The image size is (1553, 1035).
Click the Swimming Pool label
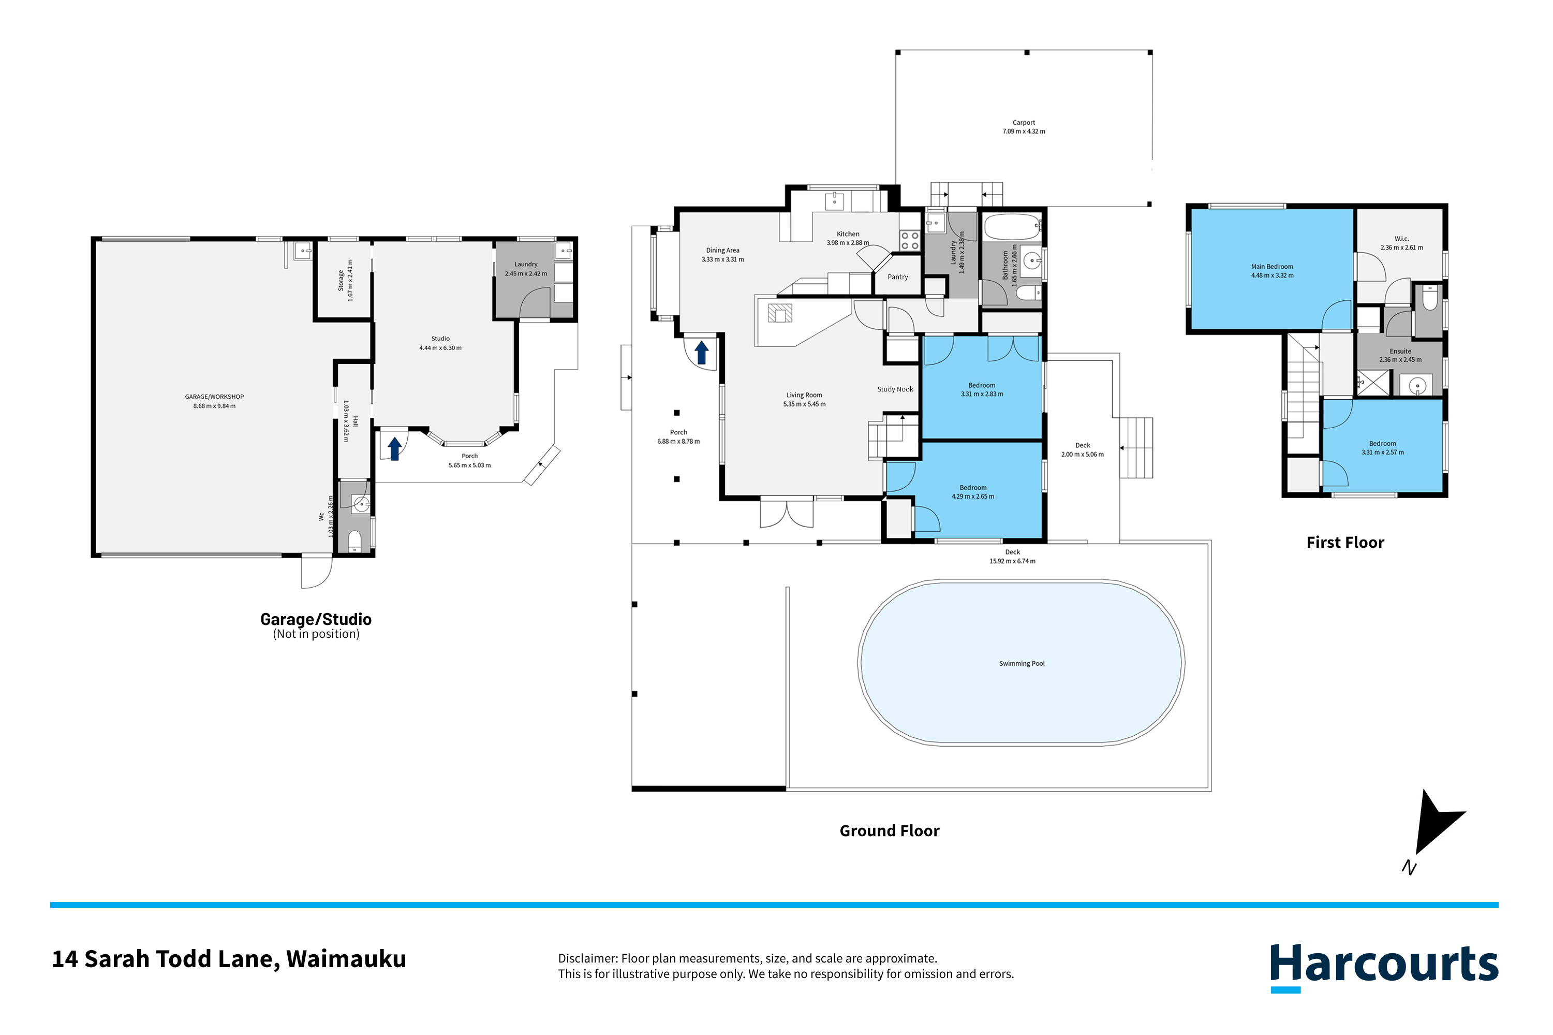(x=1021, y=663)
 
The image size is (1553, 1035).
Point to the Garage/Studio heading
(x=316, y=619)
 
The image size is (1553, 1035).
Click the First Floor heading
(x=1345, y=543)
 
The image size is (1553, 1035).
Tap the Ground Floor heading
(x=889, y=831)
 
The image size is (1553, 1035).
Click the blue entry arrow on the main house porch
(x=701, y=353)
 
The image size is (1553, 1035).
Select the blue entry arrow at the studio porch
(x=394, y=449)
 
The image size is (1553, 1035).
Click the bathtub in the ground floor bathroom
(x=1011, y=227)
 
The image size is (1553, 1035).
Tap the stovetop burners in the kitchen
(x=910, y=241)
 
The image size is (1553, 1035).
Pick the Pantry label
(x=897, y=277)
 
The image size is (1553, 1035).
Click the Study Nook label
(x=895, y=389)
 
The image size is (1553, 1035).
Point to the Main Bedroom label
(x=1272, y=267)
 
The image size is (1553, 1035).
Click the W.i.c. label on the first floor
(x=1401, y=239)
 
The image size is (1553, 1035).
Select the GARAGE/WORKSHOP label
(x=214, y=397)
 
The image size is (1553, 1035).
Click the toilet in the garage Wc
(x=354, y=540)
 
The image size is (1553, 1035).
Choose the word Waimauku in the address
(x=346, y=959)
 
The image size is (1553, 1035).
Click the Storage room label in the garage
(x=341, y=281)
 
